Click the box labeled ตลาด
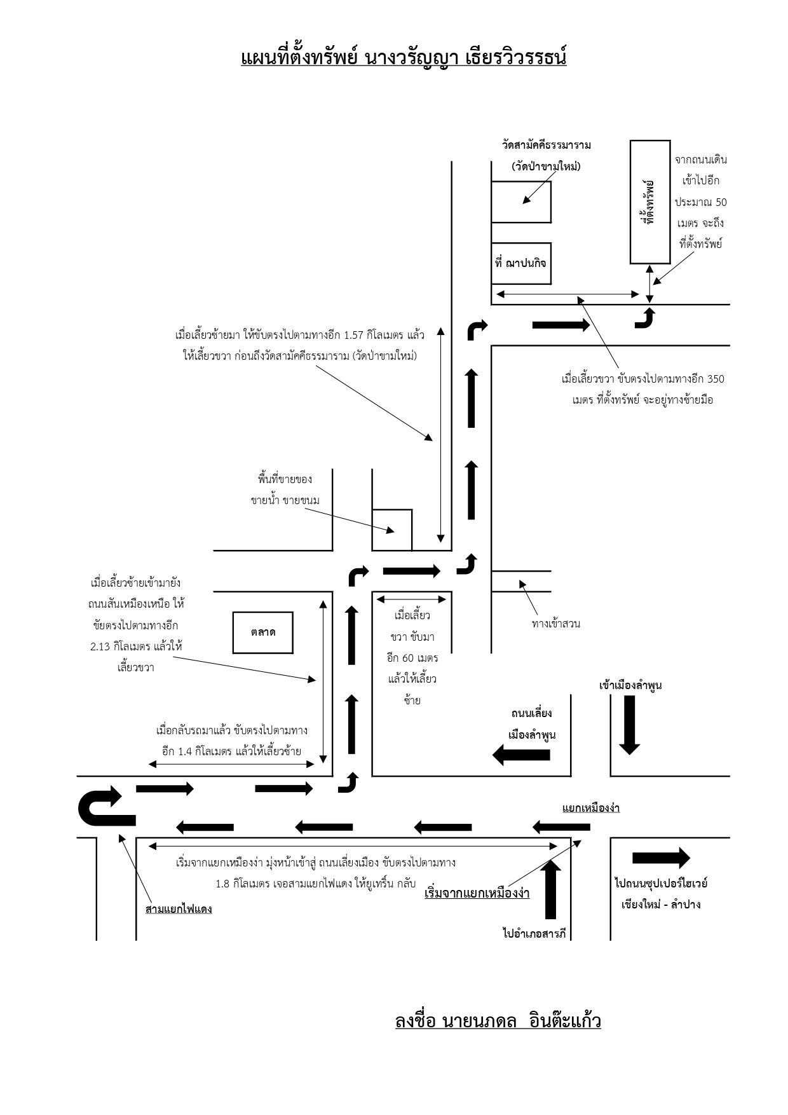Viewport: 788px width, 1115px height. pos(263,633)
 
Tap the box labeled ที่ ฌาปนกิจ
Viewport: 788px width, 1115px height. pos(521,263)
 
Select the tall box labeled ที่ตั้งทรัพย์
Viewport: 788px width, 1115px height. pos(650,202)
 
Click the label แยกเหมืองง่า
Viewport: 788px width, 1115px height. pos(591,808)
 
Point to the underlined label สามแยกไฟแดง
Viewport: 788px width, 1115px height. pos(179,908)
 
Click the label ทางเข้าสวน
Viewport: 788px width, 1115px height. pos(556,624)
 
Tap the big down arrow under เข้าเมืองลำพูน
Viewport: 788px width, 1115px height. pos(629,725)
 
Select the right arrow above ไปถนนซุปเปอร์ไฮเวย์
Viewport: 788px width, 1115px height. pos(662,858)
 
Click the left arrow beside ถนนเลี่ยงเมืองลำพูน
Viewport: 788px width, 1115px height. pos(521,755)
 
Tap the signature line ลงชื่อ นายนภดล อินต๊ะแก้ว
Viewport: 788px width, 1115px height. pos(498,1021)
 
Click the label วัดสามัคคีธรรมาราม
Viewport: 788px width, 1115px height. pos(546,145)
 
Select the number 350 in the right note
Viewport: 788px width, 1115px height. pos(716,379)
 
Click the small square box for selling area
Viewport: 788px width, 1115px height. pos(392,530)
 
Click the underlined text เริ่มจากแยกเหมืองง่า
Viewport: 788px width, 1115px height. pos(477,893)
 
